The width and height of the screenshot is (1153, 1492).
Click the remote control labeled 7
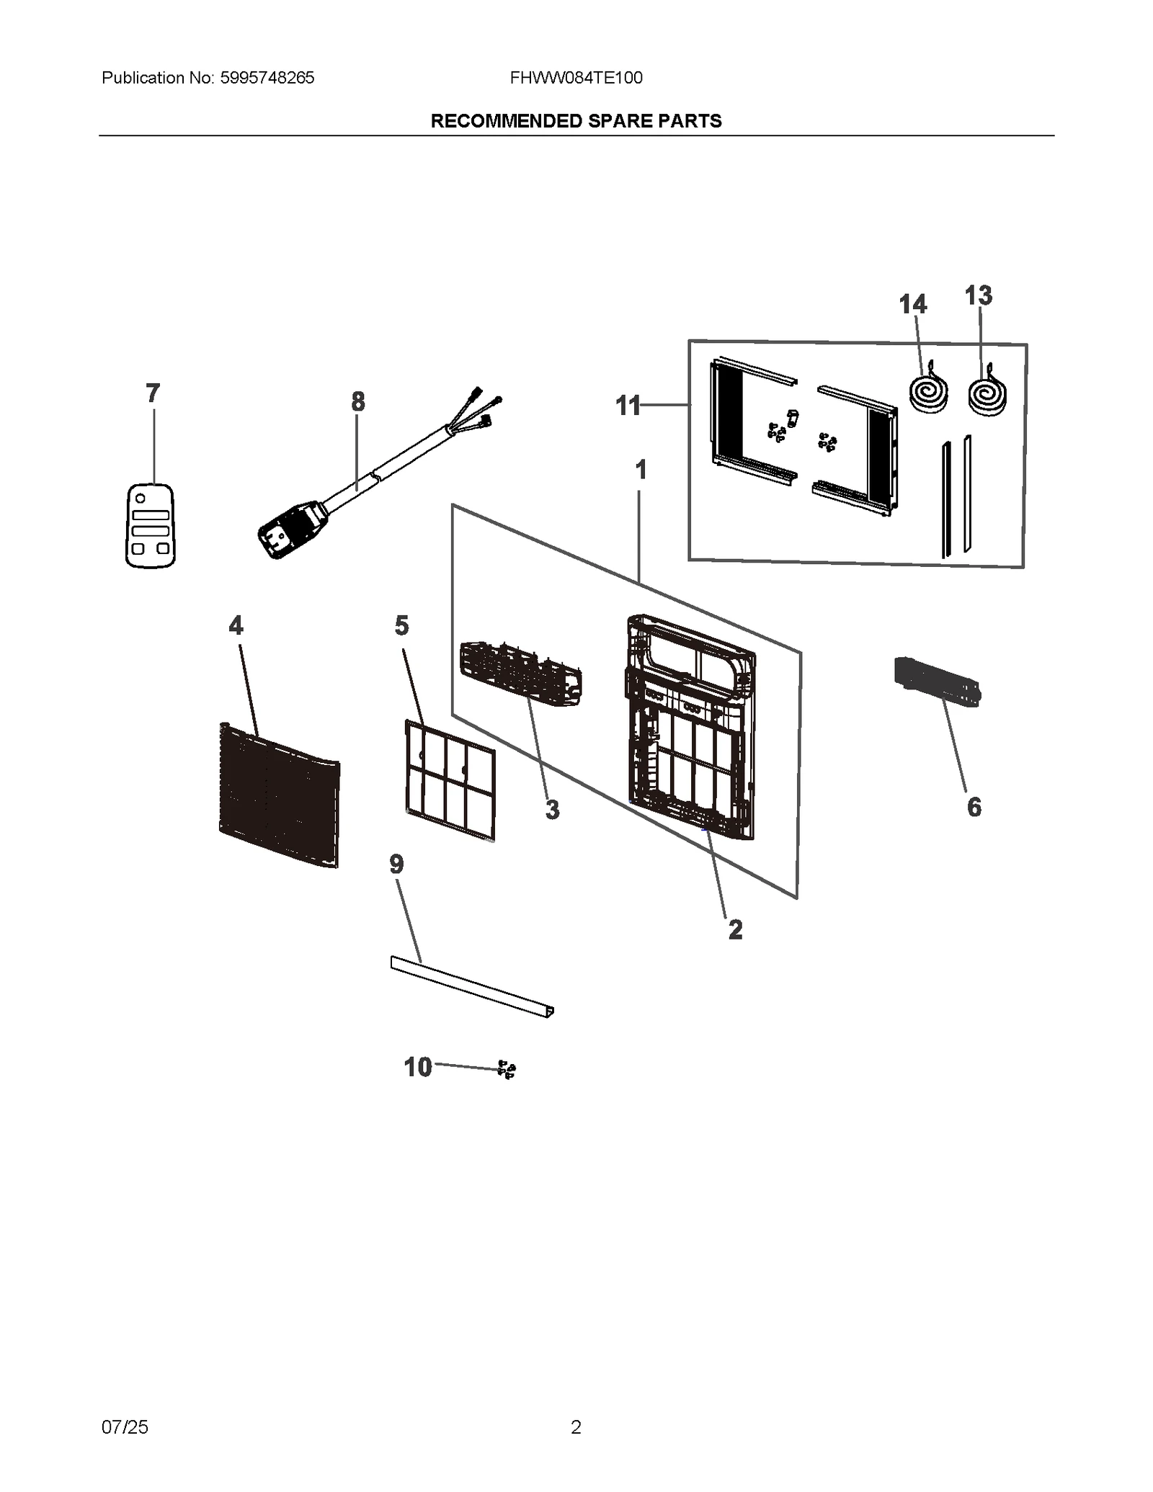tap(151, 525)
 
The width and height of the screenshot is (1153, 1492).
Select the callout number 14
tap(913, 305)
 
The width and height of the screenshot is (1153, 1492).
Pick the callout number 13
tap(979, 295)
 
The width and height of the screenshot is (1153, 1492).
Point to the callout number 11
tap(628, 406)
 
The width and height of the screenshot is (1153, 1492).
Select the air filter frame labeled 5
tap(450, 780)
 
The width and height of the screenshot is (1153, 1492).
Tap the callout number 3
tap(552, 810)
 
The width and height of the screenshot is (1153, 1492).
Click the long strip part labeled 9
tap(472, 986)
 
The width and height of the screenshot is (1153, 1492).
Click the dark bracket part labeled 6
tap(937, 681)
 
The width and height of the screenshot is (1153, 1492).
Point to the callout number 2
tap(735, 929)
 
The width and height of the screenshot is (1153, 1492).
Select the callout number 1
tap(641, 470)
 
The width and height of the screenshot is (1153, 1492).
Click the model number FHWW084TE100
tap(576, 78)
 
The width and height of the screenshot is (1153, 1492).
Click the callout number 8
tap(358, 401)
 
